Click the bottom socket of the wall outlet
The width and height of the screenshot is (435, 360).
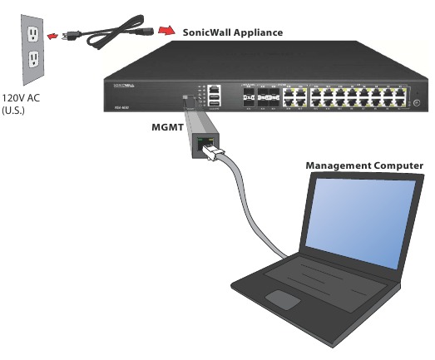[33, 59]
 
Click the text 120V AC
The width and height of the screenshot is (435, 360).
[21, 96]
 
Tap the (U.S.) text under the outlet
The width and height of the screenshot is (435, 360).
[16, 108]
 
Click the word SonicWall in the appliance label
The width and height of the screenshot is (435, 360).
[206, 32]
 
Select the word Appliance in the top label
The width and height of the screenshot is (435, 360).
[257, 32]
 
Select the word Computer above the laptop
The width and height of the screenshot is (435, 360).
[398, 165]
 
